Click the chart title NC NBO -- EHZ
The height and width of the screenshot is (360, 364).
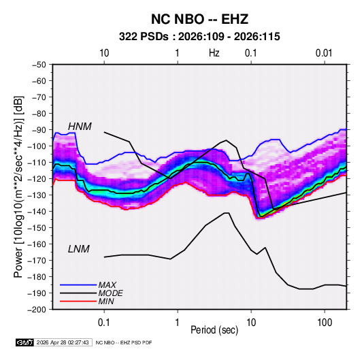pos(199,19)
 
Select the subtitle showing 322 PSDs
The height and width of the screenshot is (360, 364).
pos(199,37)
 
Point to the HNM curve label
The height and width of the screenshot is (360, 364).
pos(80,127)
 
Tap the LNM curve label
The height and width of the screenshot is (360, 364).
pos(79,249)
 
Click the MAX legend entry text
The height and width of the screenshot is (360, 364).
pos(107,285)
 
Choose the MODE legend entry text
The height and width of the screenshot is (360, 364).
pos(110,293)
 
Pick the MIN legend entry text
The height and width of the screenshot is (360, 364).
pos(106,301)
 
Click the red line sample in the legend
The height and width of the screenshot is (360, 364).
pos(78,301)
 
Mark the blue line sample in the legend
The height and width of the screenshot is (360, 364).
pos(78,285)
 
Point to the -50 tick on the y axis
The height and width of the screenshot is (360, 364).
pos(39,65)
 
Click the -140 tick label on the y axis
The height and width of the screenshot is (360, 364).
pos(37,212)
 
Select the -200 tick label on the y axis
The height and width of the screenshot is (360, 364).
pos(37,310)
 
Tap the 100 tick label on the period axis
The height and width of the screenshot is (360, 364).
pos(325,323)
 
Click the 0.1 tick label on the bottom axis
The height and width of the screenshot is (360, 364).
pos(104,323)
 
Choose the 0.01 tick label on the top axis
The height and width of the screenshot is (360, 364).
pos(324,53)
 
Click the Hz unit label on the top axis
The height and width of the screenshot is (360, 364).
pos(214,53)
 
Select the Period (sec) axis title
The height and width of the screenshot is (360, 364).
pos(214,330)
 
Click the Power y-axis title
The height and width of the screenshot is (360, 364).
pos(18,187)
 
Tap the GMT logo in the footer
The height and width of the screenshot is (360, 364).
pos(25,342)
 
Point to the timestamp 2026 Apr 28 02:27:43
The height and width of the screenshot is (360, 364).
pos(63,342)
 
